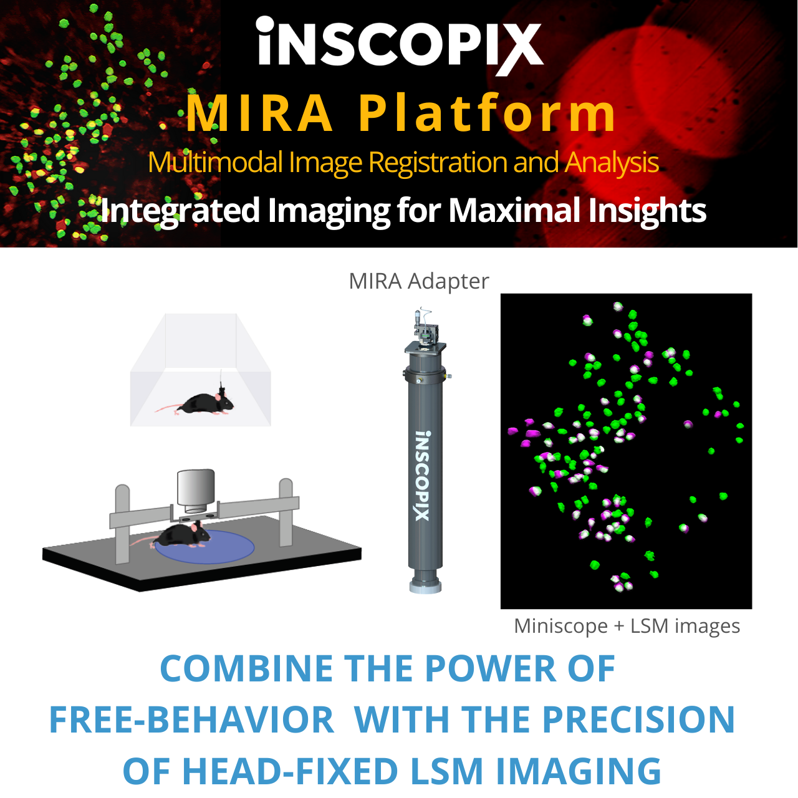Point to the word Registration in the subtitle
pos(438,163)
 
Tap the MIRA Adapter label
pos(419,281)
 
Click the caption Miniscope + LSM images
pos(627,626)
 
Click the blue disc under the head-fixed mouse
pos(204,547)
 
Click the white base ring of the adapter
pos(425,587)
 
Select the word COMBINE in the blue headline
pos(246,668)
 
